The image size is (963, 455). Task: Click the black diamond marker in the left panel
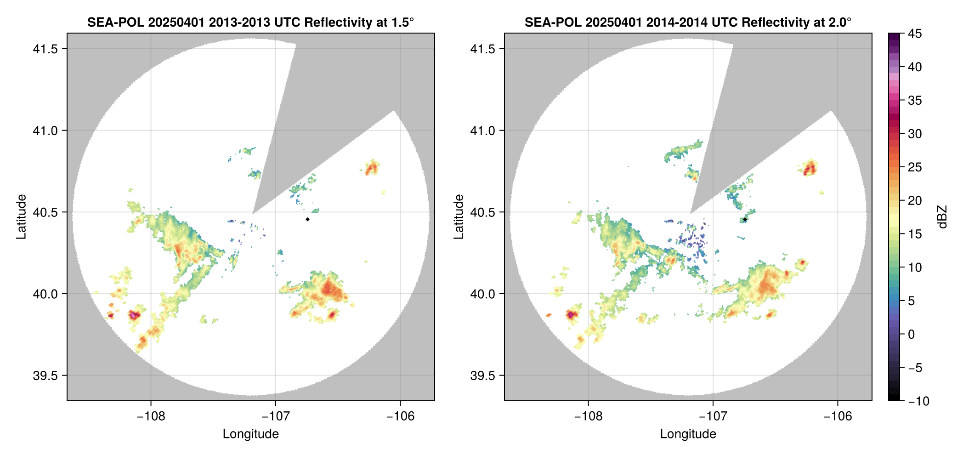coord(307,219)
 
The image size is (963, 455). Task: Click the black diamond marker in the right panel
coord(745,219)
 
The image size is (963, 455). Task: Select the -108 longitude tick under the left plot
coord(151,416)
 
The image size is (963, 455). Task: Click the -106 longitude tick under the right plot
coord(838,416)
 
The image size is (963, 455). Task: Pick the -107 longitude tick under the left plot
coord(276,416)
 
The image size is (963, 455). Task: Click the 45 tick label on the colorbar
coord(915,34)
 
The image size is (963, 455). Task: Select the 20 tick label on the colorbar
coord(915,201)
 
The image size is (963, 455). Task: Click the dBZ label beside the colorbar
coord(943,216)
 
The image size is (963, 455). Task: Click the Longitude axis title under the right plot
coord(688,434)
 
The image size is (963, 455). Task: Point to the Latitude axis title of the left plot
coord(21,216)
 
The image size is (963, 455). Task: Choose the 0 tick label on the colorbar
coord(912,335)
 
